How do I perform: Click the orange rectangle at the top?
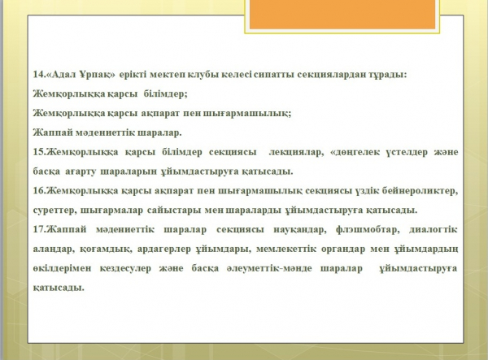coord(342,14)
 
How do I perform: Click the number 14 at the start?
coord(38,74)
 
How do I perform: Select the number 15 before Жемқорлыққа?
coord(38,152)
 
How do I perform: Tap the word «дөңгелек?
coord(355,153)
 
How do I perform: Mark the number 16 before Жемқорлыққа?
coord(38,190)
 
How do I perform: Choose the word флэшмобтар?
coord(368,229)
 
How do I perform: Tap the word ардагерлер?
coord(163,249)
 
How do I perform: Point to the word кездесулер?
coord(125,268)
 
